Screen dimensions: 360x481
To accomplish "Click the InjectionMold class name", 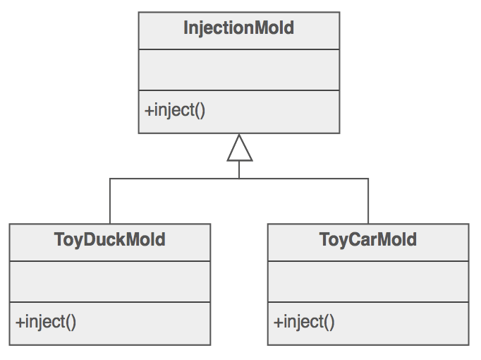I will [x=238, y=29].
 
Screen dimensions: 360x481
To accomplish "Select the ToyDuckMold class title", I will [x=109, y=240].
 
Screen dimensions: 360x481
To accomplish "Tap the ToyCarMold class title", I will [x=367, y=240].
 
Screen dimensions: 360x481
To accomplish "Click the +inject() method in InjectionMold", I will [x=175, y=110].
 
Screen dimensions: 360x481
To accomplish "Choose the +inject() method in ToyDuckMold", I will [x=46, y=322].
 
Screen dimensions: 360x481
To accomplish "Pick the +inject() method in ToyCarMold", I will [x=304, y=322].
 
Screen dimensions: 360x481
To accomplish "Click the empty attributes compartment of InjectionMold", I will [x=238, y=70].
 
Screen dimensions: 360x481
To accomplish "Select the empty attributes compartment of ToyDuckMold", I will [x=109, y=282].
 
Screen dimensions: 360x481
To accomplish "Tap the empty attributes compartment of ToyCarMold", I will [x=367, y=282].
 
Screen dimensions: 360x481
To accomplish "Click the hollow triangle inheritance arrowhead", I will [x=239, y=148].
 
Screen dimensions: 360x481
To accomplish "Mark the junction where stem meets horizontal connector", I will [x=239, y=179].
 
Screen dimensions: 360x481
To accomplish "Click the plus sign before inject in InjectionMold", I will [x=149, y=111].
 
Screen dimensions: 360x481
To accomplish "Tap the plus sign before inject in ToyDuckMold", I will [x=20, y=323].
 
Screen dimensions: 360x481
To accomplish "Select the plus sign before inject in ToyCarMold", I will [x=278, y=323].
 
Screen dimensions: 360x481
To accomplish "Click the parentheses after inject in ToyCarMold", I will [x=328, y=323].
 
